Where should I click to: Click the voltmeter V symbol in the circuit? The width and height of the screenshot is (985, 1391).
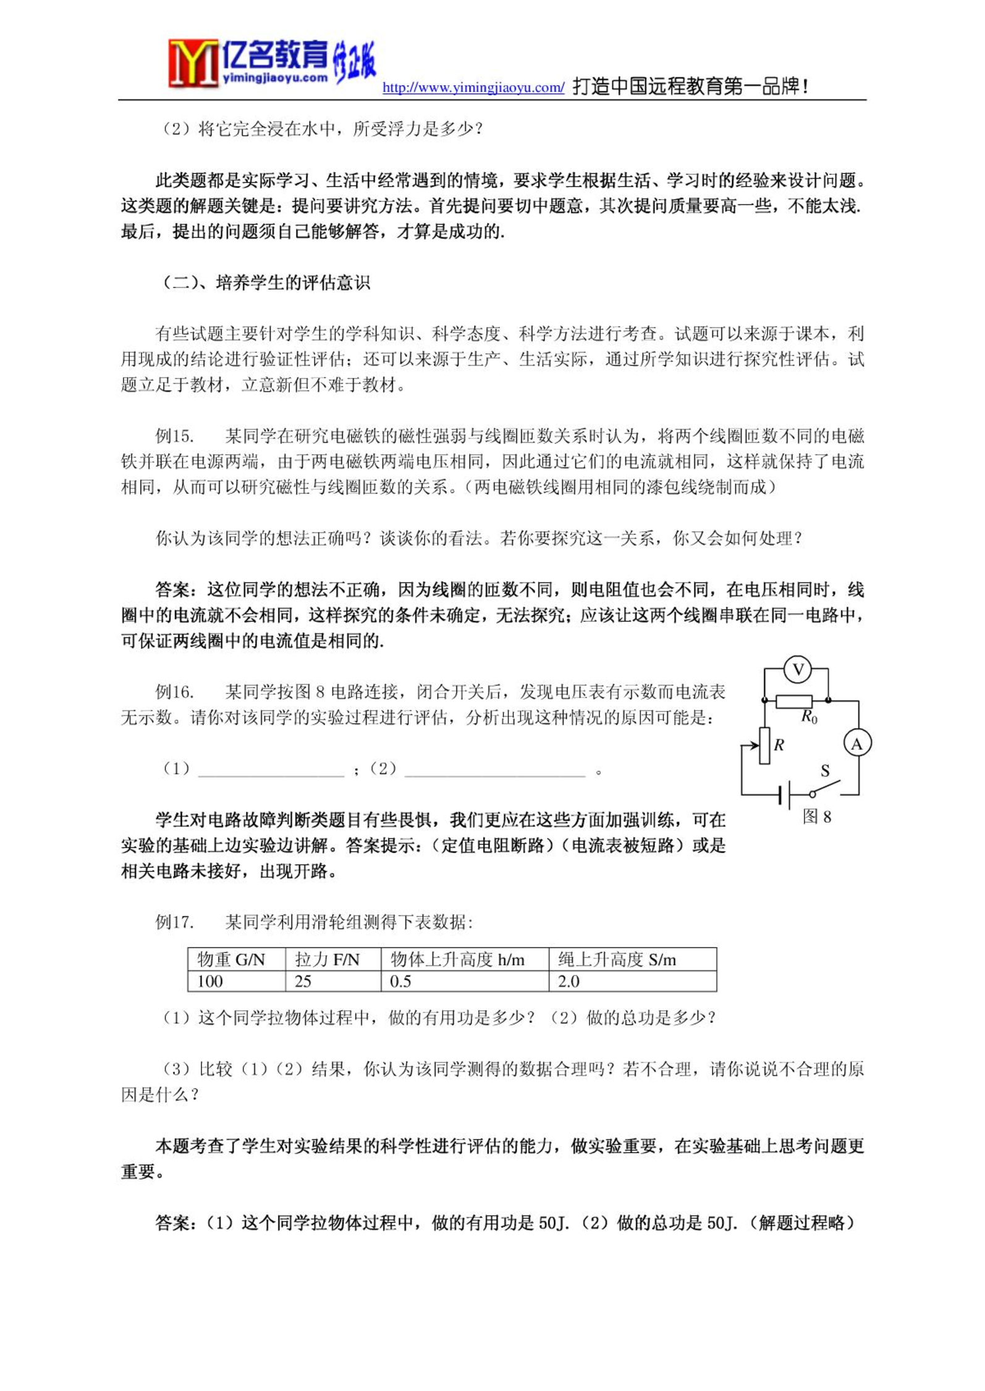(797, 670)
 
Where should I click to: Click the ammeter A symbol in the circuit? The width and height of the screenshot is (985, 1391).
(857, 744)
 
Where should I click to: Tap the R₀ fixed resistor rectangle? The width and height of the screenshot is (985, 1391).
(793, 701)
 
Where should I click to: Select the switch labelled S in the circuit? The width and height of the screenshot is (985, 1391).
(825, 788)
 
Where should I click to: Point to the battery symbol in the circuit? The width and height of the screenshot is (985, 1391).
(785, 794)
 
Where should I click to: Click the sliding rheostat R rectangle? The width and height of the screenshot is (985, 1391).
(764, 746)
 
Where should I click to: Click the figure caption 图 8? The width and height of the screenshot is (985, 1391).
(816, 817)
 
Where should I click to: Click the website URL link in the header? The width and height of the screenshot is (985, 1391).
(473, 88)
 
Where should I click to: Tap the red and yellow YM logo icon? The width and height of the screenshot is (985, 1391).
(193, 63)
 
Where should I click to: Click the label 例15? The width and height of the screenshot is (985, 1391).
(174, 436)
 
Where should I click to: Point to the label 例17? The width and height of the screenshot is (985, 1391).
(174, 922)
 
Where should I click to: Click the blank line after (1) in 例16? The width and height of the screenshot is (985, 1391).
(271, 770)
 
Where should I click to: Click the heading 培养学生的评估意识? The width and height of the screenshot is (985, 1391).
(293, 283)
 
